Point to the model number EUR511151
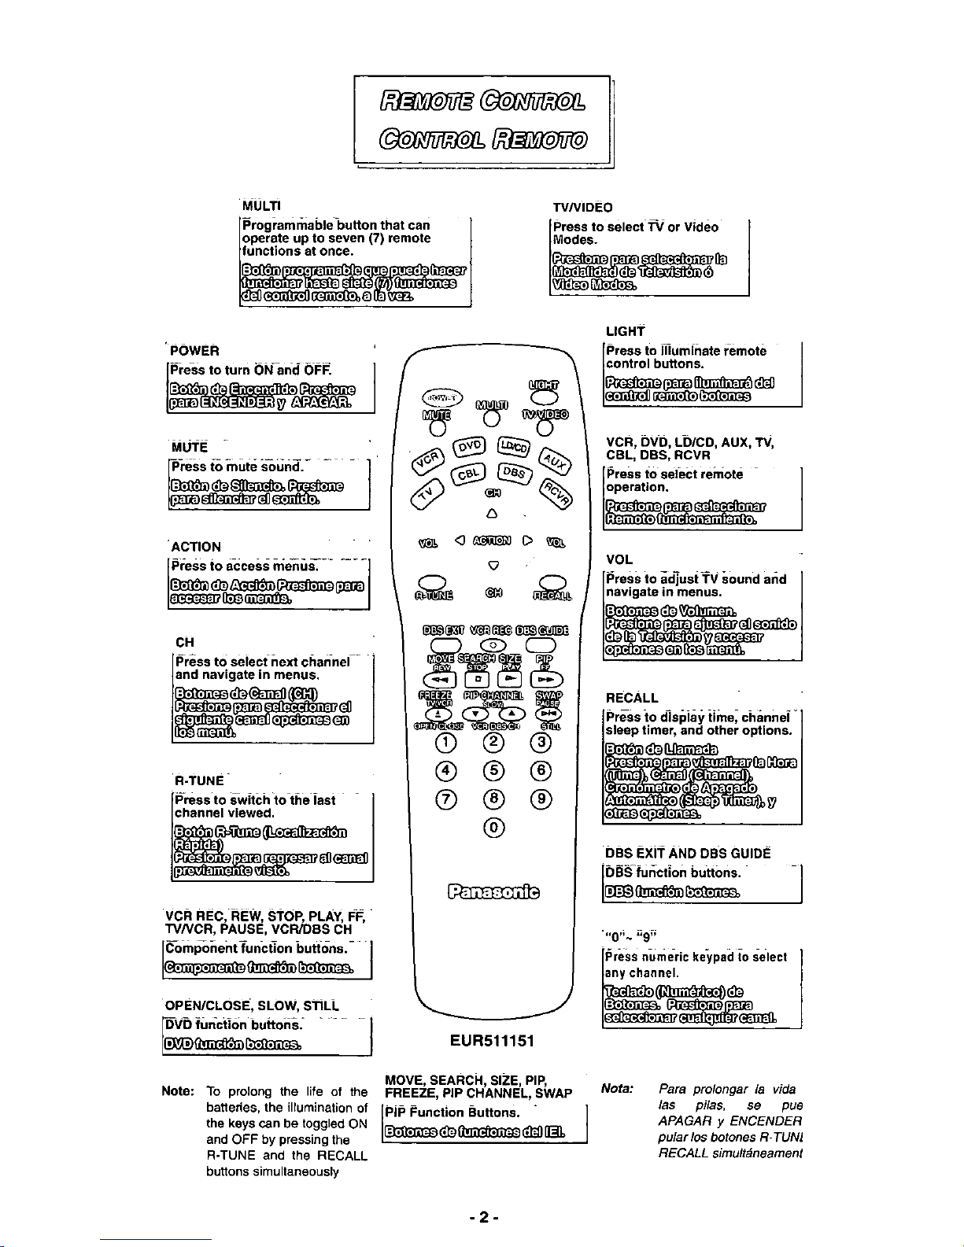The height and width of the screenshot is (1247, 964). point(493,1041)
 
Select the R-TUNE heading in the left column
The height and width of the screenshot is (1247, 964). point(199,780)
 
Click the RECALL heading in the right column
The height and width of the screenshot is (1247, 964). point(632,698)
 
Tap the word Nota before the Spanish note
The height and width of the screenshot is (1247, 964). point(617,1089)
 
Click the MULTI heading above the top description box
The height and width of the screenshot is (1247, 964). point(262,206)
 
